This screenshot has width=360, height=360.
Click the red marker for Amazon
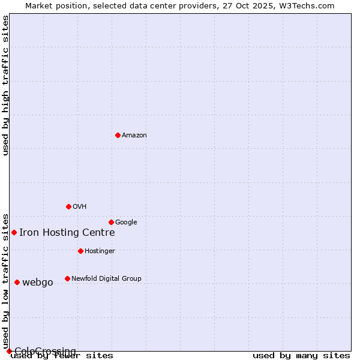(118, 135)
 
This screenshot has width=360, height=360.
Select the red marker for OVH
(68, 206)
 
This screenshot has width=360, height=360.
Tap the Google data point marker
(111, 222)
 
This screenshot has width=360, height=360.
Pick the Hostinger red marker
(80, 251)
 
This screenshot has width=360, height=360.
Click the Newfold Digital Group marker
(67, 278)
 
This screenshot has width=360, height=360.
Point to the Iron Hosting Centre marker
(14, 232)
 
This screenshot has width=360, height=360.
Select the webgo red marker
(17, 282)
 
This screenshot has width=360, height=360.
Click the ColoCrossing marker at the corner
(9, 351)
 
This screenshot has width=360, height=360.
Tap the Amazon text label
(134, 136)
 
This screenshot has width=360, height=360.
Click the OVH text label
(80, 207)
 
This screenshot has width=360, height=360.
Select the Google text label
(126, 223)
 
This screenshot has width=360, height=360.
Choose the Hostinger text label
(100, 251)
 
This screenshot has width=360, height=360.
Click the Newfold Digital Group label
(106, 278)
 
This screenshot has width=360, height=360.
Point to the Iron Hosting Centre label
(67, 233)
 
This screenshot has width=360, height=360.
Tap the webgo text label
(37, 283)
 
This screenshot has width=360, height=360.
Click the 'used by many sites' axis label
(301, 356)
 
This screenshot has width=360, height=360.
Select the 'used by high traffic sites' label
(5, 85)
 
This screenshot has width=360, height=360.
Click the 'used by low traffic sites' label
(5, 281)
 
